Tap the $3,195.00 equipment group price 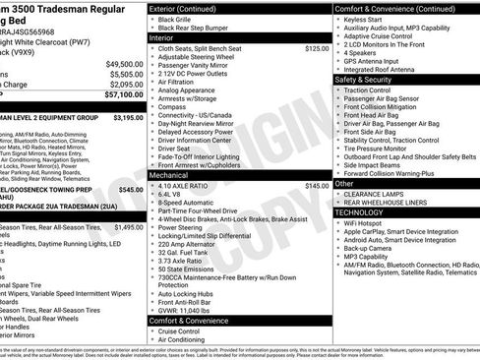pos(128,117)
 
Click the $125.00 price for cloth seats pos(317,47)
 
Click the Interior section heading pos(165,36)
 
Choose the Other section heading pos(344,183)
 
